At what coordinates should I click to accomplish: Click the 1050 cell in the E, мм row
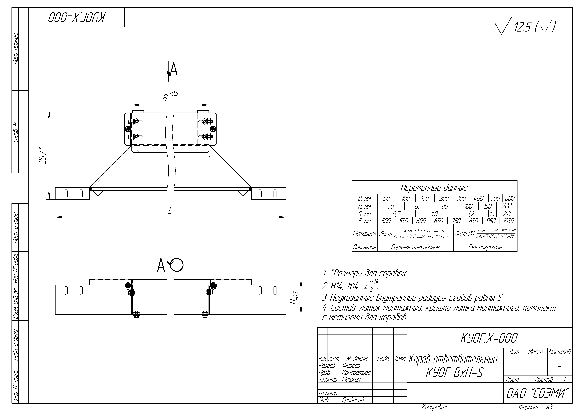508,221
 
